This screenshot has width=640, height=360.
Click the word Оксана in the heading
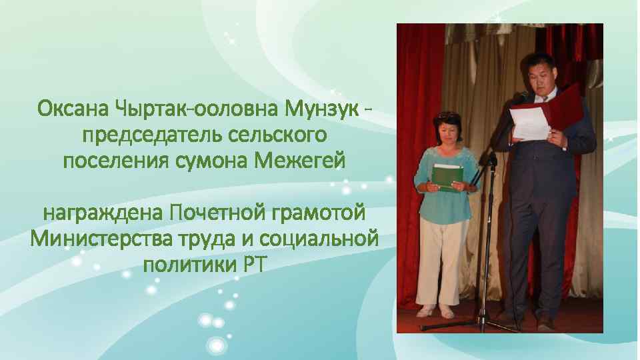pyautogui.click(x=73, y=107)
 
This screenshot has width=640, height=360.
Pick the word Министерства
pyautogui.click(x=95, y=238)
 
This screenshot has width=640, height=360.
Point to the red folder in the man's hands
pyautogui.click(x=563, y=107)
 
